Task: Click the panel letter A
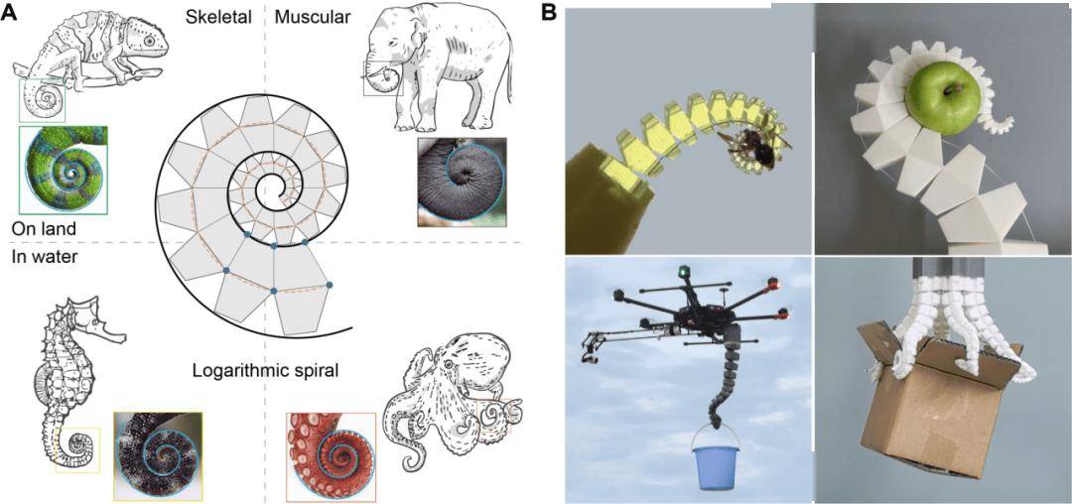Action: (x=8, y=14)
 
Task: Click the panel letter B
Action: (x=549, y=14)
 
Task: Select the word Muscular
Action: (x=312, y=17)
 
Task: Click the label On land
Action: (x=44, y=228)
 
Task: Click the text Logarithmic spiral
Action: (x=265, y=370)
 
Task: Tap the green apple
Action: (x=942, y=97)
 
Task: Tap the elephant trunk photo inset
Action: (x=463, y=182)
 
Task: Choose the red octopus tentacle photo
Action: (x=331, y=457)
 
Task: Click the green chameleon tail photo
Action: (x=63, y=170)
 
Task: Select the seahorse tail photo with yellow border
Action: (x=157, y=456)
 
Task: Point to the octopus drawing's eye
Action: (x=449, y=364)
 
